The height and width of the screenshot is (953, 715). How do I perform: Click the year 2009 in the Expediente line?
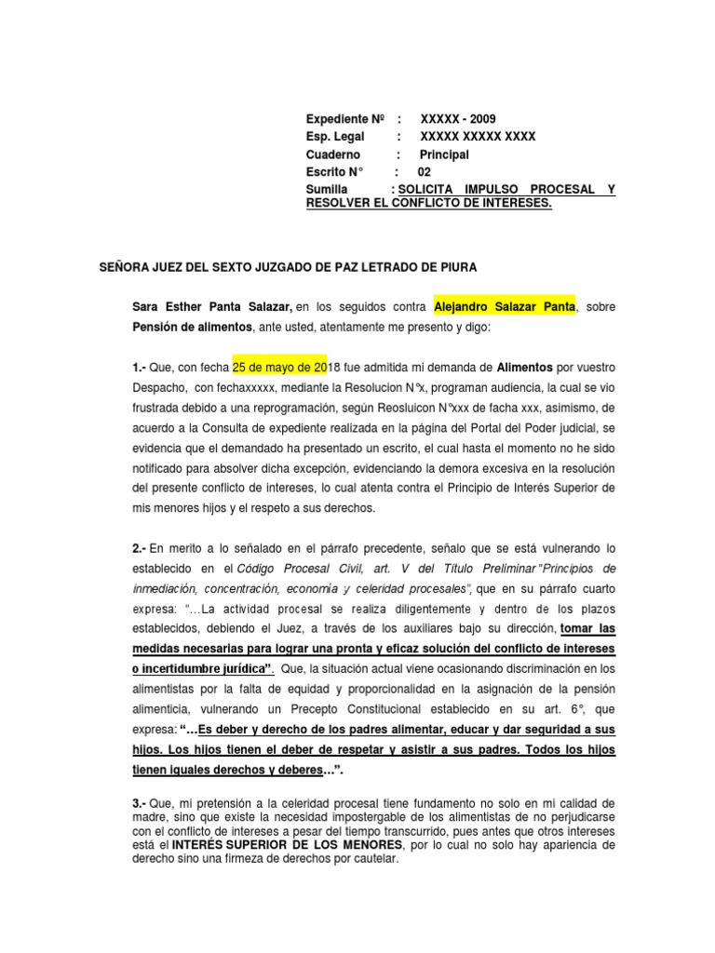click(482, 119)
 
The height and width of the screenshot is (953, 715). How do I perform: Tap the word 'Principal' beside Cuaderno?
click(444, 154)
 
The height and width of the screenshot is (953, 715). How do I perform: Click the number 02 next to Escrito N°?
click(424, 172)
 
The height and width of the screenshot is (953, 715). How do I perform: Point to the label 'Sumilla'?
click(328, 190)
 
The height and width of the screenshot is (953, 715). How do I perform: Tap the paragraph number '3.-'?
click(146, 802)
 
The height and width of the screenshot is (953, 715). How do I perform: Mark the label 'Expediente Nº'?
click(344, 119)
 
